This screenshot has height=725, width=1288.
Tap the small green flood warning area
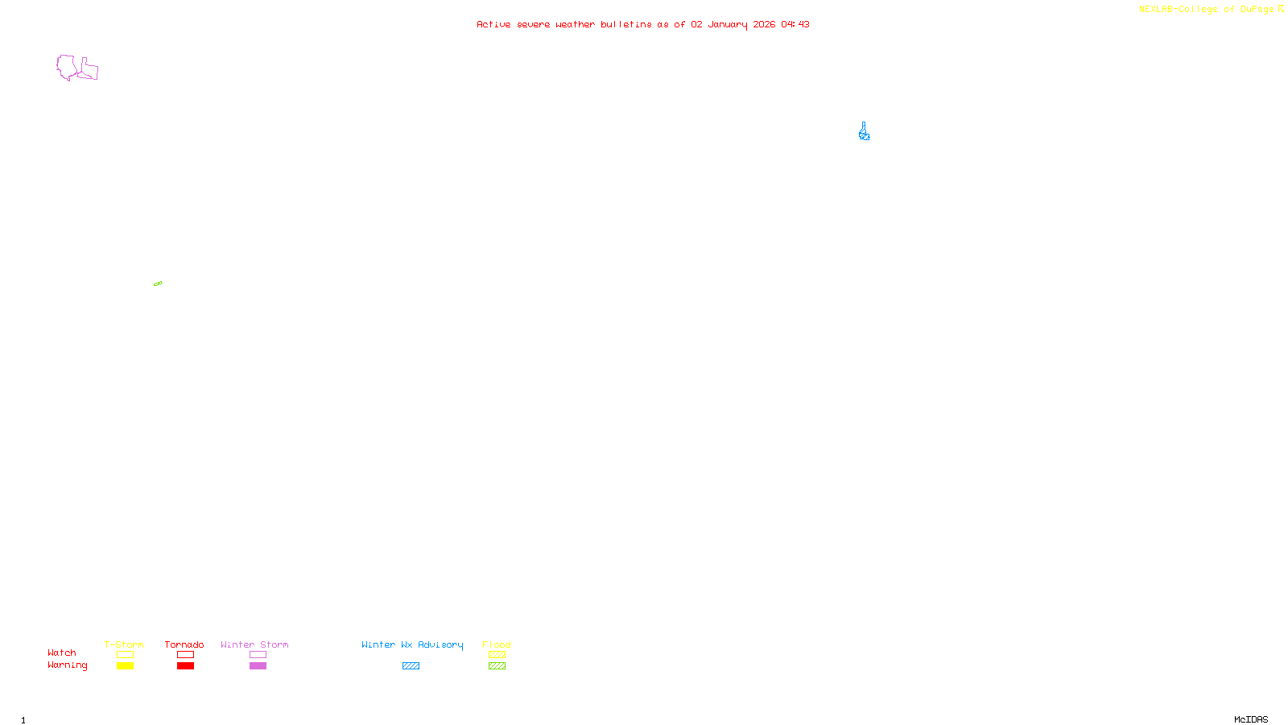coord(158,284)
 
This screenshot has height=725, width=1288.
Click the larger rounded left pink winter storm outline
coord(66,67)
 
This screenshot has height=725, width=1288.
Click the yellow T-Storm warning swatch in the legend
coord(125,666)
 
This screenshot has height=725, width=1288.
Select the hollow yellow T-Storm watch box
coord(125,655)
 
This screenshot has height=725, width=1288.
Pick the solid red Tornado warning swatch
coord(185,666)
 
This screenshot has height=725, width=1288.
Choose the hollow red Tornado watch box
coord(185,655)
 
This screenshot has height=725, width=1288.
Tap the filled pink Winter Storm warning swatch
coord(258,666)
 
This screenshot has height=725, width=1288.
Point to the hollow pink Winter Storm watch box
coord(258,655)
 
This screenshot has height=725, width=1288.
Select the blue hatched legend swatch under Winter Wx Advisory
coord(411,666)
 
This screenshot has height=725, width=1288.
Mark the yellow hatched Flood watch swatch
coord(497,655)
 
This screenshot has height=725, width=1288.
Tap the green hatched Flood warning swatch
coord(497,666)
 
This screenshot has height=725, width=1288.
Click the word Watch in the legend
coord(62,653)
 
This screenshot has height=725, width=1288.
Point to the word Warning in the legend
coord(67,665)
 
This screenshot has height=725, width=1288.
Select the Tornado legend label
coord(184,644)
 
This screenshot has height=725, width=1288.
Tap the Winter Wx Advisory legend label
coord(412,644)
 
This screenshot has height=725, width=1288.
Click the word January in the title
coord(728,24)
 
